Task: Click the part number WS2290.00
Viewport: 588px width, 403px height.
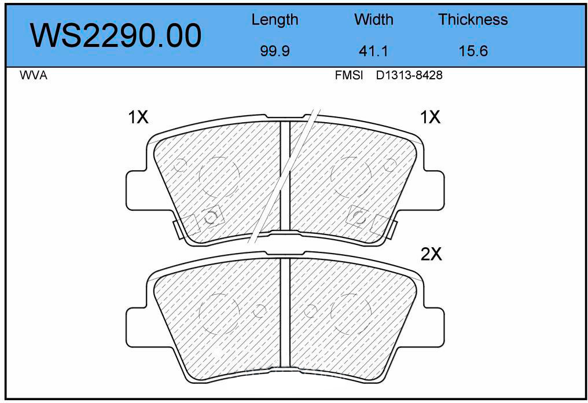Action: tap(116, 36)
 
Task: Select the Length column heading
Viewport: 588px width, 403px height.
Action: tap(274, 20)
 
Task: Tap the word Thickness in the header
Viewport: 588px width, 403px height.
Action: tap(473, 20)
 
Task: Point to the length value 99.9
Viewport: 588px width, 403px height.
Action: tap(275, 50)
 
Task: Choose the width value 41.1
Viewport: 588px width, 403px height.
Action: tap(373, 50)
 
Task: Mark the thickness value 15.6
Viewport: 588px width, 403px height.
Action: tap(473, 50)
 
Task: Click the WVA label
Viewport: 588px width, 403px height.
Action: tap(34, 75)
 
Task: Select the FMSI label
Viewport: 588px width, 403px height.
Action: tap(349, 75)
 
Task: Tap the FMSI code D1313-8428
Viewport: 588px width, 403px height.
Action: tap(409, 75)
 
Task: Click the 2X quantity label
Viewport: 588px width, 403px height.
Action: tap(431, 254)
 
